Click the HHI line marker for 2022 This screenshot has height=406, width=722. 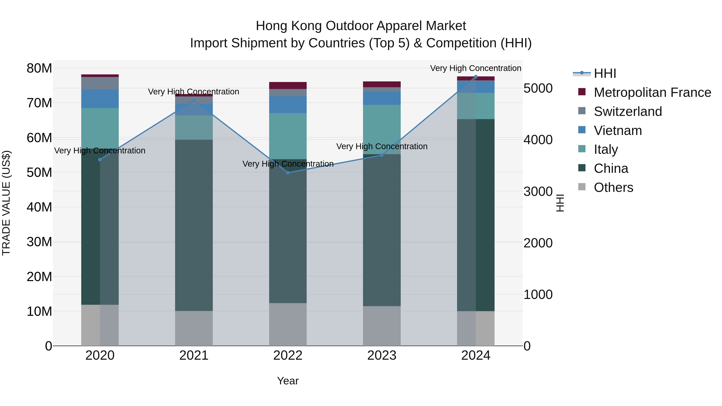[x=288, y=173]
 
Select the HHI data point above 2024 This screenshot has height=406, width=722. [x=476, y=77]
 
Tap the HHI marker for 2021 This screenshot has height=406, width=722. [x=194, y=100]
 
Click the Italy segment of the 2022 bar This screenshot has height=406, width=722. [x=288, y=136]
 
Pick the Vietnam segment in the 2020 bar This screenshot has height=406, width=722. [x=100, y=99]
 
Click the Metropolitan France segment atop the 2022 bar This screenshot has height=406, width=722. [x=288, y=85]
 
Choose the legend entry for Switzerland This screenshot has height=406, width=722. [x=628, y=111]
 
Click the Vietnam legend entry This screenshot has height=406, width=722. [x=618, y=131]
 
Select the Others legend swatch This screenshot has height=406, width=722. [x=582, y=187]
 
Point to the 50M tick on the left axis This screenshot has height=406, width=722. [x=39, y=172]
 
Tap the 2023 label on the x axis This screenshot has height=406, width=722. [x=382, y=355]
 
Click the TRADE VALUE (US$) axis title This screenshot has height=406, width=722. [x=6, y=203]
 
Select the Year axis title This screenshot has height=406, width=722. [x=288, y=381]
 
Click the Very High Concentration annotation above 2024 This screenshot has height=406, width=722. [x=476, y=68]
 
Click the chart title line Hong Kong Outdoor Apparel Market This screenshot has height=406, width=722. [x=361, y=26]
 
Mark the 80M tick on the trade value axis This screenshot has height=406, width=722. [x=39, y=68]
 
